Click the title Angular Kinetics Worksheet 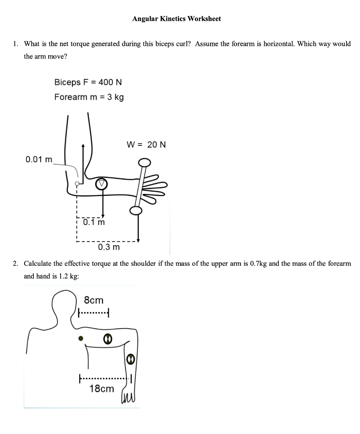[176, 19]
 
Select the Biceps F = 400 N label [88, 82]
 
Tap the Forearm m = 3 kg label [89, 97]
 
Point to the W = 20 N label [146, 145]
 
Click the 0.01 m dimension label [39, 160]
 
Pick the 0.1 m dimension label [94, 222]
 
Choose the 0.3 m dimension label [109, 247]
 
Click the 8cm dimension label [94, 300]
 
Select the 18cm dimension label [102, 388]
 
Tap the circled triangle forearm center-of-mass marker [102, 184]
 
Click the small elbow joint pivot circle [77, 184]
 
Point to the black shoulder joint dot [81, 339]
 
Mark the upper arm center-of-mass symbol [108, 339]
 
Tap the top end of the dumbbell [144, 162]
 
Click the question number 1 [15, 44]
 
